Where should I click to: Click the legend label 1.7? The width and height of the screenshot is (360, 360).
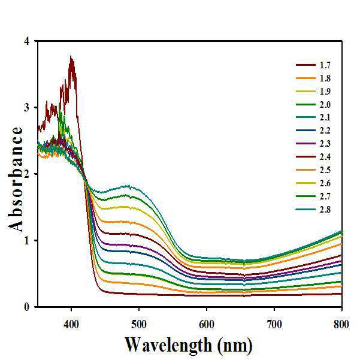(x=325, y=65)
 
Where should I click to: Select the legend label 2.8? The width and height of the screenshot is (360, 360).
(x=325, y=210)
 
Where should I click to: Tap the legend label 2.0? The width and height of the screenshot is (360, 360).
(x=325, y=105)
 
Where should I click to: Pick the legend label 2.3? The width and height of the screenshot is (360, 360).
(x=325, y=144)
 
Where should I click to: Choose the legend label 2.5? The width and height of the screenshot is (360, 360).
(x=325, y=170)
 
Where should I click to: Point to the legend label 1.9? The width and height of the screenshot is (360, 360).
(x=325, y=92)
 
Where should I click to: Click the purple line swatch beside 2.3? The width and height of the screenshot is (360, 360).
(x=306, y=144)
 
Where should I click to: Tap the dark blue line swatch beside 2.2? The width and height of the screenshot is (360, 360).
(x=306, y=131)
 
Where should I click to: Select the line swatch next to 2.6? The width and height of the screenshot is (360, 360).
(x=306, y=183)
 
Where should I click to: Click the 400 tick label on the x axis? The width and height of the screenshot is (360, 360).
(x=71, y=325)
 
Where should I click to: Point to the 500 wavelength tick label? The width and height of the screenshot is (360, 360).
(x=139, y=325)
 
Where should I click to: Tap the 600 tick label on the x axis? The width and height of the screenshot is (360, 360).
(x=207, y=325)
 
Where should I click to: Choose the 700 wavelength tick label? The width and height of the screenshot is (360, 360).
(x=274, y=325)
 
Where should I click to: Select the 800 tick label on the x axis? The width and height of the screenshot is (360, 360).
(x=341, y=325)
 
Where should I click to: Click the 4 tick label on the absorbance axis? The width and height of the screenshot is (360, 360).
(x=27, y=41)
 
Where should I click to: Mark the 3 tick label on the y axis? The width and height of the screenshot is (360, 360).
(x=27, y=108)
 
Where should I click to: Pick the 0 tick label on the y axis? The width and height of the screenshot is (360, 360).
(x=27, y=307)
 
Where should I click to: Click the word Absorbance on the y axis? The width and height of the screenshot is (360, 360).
(x=16, y=179)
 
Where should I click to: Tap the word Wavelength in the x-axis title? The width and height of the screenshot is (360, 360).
(x=168, y=345)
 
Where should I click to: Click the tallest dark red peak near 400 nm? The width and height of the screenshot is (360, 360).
(x=71, y=56)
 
